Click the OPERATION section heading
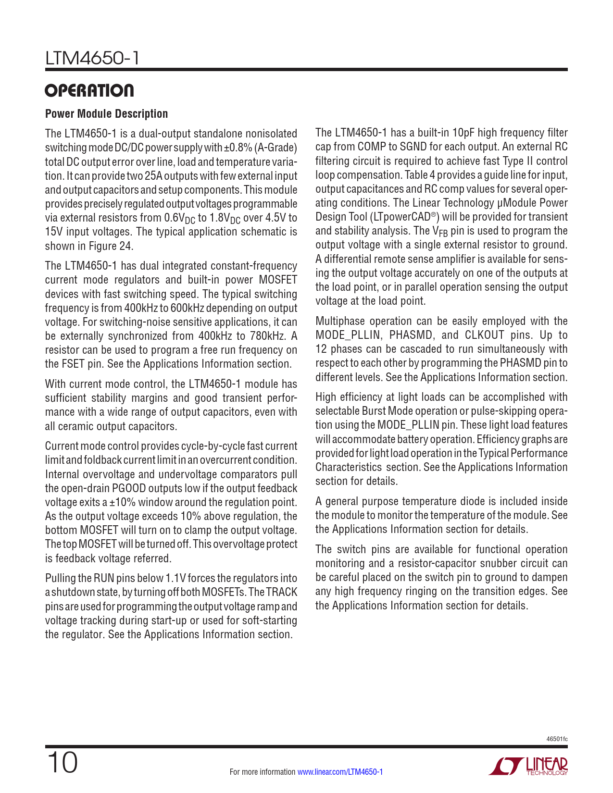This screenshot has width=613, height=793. coord(89,91)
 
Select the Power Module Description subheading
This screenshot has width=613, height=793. coord(106,114)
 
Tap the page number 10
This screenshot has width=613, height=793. coord(62,763)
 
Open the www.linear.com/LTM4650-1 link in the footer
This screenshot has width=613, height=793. coord(340,772)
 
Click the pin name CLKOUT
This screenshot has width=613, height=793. coord(485,335)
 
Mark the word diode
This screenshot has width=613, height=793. coord(471,501)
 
